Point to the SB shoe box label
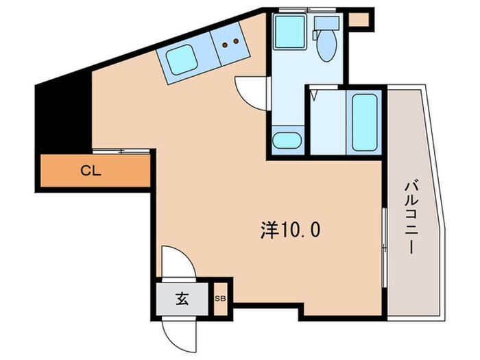point(221,299)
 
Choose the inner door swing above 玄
point(177,264)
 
